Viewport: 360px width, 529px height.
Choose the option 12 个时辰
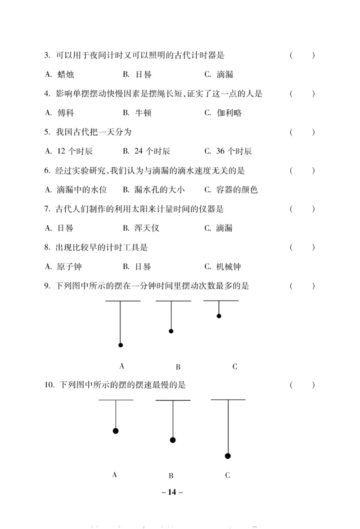click(x=75, y=151)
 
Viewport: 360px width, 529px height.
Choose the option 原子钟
click(x=70, y=267)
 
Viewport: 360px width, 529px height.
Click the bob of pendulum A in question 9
click(x=121, y=345)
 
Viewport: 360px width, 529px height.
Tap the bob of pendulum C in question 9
click(x=219, y=316)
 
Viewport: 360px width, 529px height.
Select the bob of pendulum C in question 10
click(x=228, y=456)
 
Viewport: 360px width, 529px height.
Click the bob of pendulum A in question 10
click(x=116, y=431)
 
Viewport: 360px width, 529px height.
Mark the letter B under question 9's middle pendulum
click(x=178, y=367)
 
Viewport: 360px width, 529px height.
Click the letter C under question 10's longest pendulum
click(x=227, y=475)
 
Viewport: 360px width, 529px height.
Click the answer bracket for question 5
click(x=302, y=132)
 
